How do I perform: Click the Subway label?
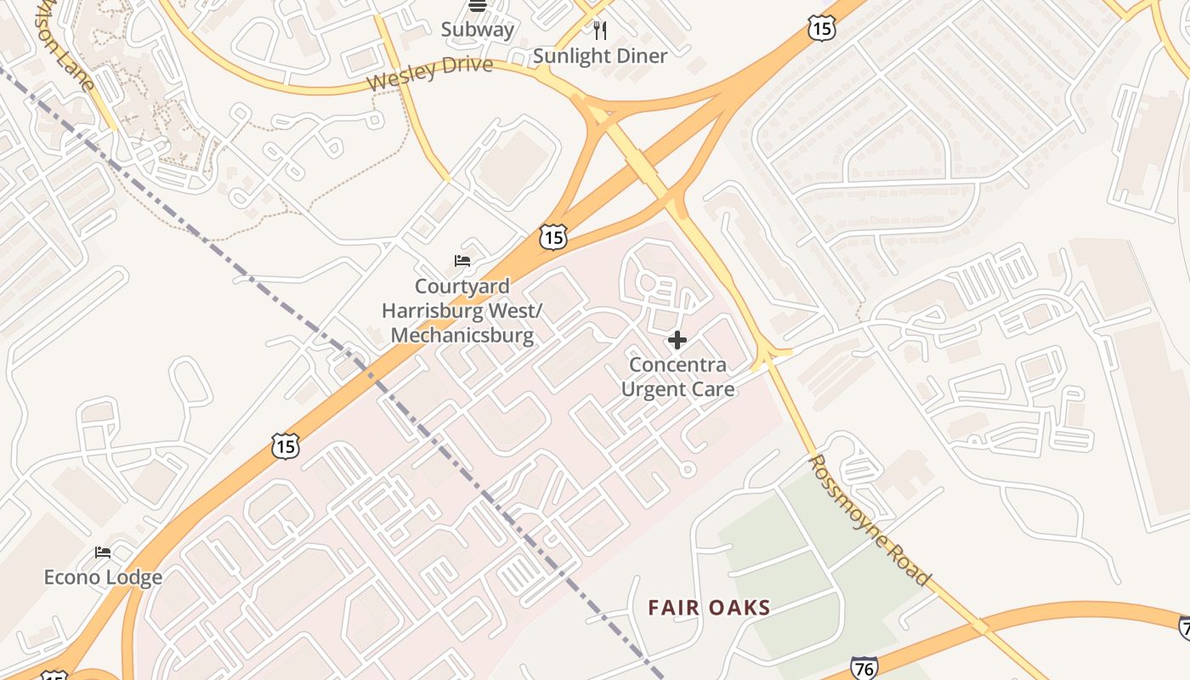coord(478,30)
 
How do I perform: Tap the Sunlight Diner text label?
coord(600,56)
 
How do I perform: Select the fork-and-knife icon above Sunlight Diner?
coord(600,31)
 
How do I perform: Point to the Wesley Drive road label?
coord(430,73)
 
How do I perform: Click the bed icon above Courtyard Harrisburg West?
coord(462,260)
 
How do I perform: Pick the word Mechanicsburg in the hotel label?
coord(462,335)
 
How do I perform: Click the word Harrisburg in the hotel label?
coord(431,310)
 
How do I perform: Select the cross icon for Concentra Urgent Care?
coord(677,341)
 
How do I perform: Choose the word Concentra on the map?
coord(677,365)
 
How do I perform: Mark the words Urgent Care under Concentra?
coord(677,389)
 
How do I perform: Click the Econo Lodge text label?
coord(103,578)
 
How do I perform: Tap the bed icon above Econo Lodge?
coord(103,552)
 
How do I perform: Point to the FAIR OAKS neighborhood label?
coord(709,608)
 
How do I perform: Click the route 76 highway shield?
coord(864,668)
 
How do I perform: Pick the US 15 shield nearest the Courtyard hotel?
coord(552,237)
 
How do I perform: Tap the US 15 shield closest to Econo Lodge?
coord(286,445)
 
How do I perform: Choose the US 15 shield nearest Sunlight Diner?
coord(822,29)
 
